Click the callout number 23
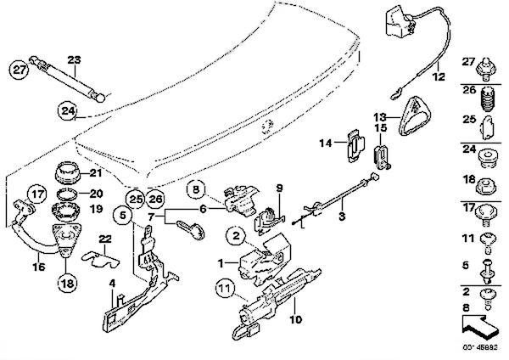(x=74, y=59)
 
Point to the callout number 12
(x=438, y=76)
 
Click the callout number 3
(x=341, y=218)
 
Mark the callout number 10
(x=296, y=320)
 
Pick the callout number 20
(x=96, y=193)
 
